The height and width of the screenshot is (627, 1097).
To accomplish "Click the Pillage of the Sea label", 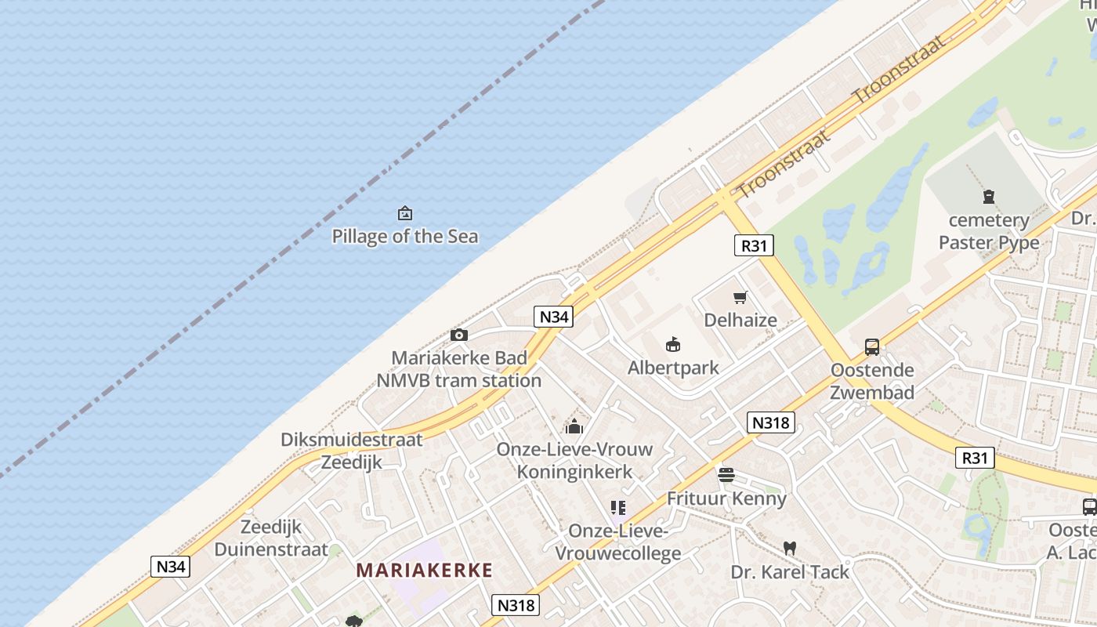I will (404, 237).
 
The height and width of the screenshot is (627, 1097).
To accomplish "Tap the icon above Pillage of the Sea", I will (405, 213).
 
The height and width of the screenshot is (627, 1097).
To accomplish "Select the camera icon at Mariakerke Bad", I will (459, 335).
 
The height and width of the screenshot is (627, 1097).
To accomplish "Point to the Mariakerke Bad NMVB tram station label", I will (458, 369).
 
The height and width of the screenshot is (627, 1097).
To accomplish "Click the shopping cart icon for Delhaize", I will (740, 298).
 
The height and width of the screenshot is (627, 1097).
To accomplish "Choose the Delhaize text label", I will (740, 320).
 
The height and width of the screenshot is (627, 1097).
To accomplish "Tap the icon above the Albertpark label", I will (672, 344).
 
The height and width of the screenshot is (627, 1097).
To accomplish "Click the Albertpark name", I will (673, 368).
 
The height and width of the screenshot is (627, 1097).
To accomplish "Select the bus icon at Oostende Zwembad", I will (871, 347).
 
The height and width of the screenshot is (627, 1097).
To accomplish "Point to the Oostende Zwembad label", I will (872, 381).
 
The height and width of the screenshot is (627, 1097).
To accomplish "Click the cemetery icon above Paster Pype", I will (988, 198).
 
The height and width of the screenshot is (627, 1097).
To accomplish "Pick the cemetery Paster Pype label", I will (989, 231).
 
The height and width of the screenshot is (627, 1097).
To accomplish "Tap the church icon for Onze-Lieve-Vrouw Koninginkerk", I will (574, 427).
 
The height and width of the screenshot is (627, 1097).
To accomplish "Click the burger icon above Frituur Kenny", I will (726, 475).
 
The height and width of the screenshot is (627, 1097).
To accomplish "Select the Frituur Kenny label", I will (726, 498).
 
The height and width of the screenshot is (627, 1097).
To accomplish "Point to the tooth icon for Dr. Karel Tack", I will (789, 549).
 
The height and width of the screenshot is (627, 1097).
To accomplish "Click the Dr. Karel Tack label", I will (790, 572).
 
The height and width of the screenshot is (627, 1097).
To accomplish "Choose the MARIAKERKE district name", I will (425, 571).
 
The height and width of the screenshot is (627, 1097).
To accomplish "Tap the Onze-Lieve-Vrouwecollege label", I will (618, 542).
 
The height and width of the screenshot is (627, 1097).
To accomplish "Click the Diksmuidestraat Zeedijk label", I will (352, 451).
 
